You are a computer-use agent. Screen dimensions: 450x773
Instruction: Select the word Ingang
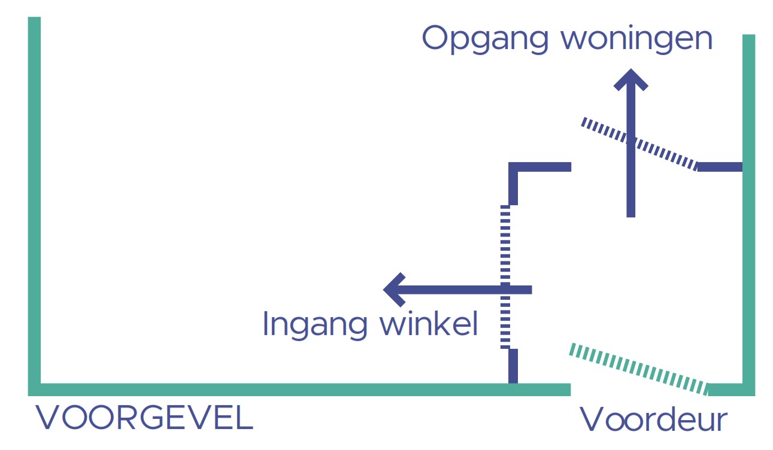point(314,325)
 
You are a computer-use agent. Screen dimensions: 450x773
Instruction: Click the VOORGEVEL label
point(144,418)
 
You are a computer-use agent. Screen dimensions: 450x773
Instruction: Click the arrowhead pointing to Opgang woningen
point(630,80)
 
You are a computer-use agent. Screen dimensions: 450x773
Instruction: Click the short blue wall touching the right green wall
point(720,167)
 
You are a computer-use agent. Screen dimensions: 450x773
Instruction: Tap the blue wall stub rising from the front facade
point(513,366)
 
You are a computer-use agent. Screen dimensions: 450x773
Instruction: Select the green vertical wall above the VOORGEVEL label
point(34,203)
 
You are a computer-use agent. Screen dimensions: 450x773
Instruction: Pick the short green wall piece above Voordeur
point(727,390)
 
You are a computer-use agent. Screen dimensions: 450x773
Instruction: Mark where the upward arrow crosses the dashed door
point(630,141)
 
